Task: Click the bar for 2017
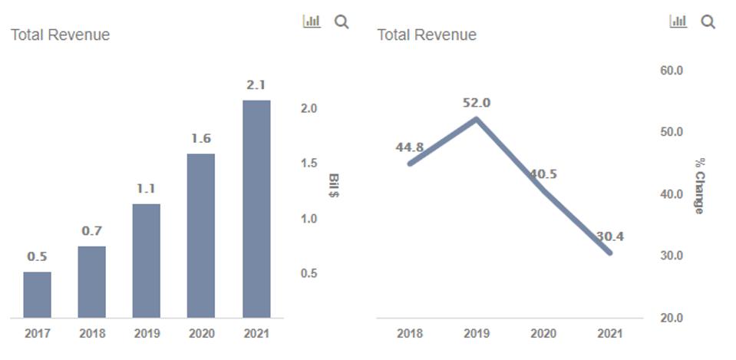pos(37,295)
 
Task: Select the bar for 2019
pos(146,261)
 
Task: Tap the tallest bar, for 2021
pos(256,209)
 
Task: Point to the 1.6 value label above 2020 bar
pos(201,139)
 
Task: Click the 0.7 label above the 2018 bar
pos(92,231)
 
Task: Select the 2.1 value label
pos(256,85)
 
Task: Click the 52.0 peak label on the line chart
pos(477,103)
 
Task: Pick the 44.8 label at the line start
pos(410,147)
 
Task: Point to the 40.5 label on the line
pos(543,174)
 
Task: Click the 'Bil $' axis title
pos(334,185)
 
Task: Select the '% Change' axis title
pos(699,186)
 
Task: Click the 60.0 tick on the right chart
pos(671,71)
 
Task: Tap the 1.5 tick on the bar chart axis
pos(309,163)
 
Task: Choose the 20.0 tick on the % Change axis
pos(671,318)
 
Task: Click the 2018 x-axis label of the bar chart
pos(92,334)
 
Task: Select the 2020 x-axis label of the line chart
pos(543,334)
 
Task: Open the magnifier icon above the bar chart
pos(342,22)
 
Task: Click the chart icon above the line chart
pos(678,21)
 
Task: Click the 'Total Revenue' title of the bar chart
pos(60,35)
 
